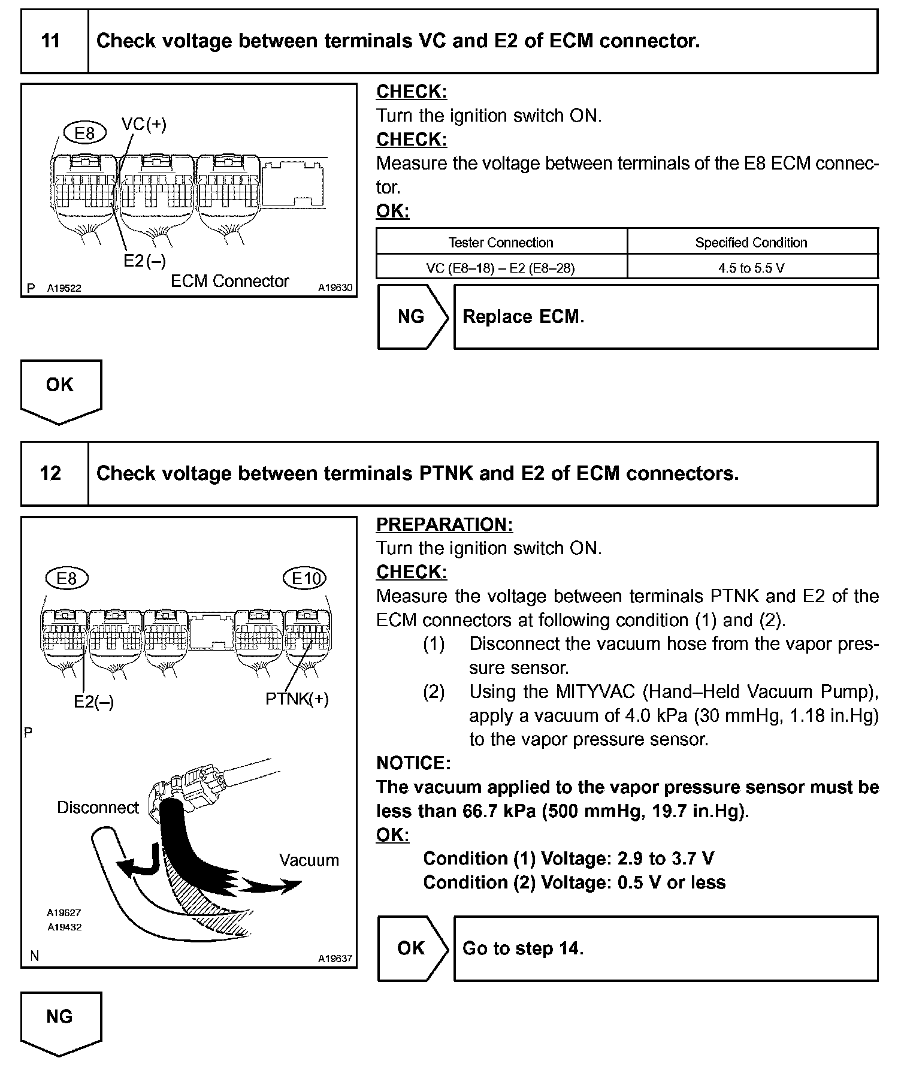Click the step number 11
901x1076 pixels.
point(51,41)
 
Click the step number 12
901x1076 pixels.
point(51,474)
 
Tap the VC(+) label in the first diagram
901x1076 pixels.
point(144,125)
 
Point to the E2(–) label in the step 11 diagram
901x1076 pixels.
point(144,261)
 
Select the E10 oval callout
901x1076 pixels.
point(304,578)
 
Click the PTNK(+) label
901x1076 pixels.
point(297,699)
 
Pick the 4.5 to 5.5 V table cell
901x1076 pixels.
point(751,268)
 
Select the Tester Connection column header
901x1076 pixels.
point(501,243)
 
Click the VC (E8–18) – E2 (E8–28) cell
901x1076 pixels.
point(501,268)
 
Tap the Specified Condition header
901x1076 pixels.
point(751,243)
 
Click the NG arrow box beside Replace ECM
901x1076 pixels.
point(412,317)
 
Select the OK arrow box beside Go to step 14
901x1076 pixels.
point(412,948)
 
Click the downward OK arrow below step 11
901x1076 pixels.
point(60,390)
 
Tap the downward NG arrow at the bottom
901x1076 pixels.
point(60,1022)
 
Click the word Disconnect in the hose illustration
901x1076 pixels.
point(98,808)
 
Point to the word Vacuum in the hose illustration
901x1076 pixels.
point(309,860)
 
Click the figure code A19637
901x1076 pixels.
point(335,959)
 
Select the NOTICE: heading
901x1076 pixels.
point(413,763)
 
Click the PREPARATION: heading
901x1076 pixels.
point(445,524)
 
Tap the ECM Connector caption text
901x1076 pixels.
point(229,281)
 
